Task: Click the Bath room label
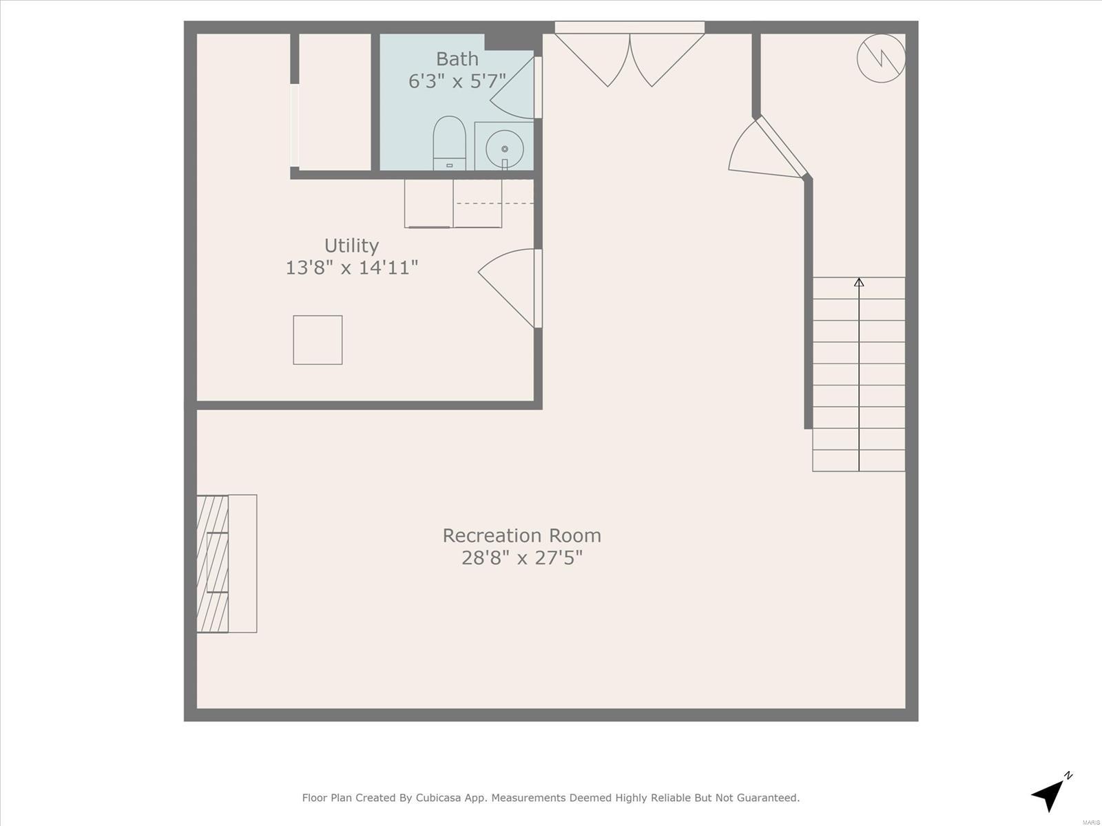457,59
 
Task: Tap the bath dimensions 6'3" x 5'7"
457,81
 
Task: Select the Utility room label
351,246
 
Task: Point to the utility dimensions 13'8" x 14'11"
351,268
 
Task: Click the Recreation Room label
521,536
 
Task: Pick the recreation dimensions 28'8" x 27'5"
521,558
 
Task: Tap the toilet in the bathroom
449,143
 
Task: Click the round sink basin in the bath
505,149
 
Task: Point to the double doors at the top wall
630,55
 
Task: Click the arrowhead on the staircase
859,282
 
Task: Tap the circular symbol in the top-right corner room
881,59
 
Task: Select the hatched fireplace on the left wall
212,564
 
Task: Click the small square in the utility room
318,340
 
